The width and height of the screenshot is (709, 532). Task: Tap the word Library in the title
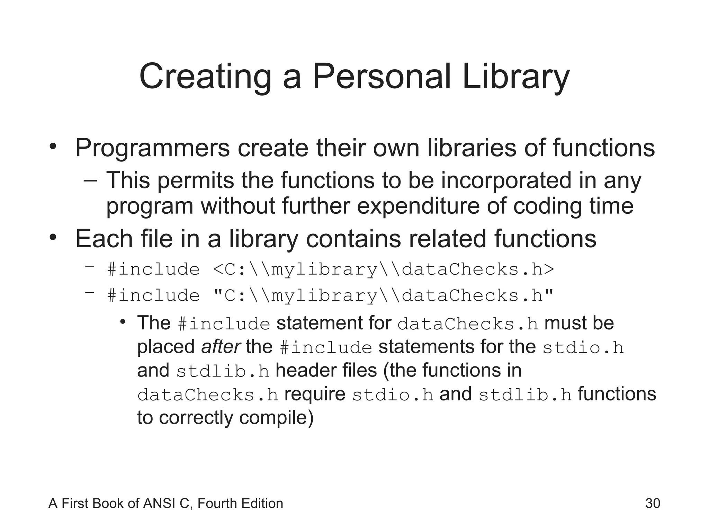pos(515,77)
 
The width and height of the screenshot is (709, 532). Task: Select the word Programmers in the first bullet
pos(152,148)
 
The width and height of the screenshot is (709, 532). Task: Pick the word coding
pos(547,206)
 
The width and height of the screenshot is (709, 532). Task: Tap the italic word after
pos(221,347)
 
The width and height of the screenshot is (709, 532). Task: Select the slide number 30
pos(653,503)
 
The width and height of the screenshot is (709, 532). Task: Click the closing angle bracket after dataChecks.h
pos(549,270)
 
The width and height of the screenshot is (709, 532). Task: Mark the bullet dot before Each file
pos(53,238)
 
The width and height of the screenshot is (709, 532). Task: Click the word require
pos(315,394)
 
